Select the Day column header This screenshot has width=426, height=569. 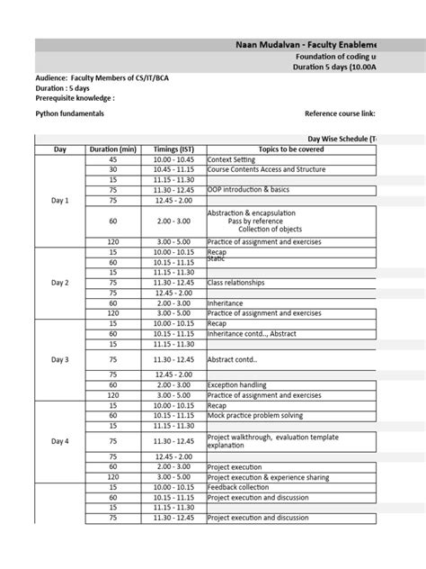point(60,149)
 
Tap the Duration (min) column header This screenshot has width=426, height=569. point(113,149)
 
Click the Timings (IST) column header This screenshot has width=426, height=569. point(173,149)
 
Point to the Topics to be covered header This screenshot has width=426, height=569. point(288,149)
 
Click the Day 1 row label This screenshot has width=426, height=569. point(60,200)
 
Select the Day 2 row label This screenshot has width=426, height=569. point(60,282)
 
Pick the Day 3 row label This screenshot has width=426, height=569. point(60,359)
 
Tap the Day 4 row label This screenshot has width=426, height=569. point(60,441)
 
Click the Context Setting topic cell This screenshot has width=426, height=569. point(234,158)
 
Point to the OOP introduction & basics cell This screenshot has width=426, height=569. point(249,189)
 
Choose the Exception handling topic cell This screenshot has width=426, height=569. point(238,384)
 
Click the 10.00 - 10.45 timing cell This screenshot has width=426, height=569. point(173,158)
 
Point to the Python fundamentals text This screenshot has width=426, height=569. point(70,114)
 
